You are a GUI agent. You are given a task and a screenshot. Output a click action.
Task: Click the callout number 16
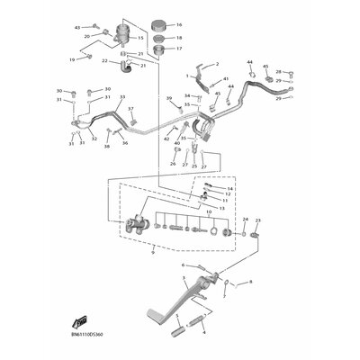pos(178,24)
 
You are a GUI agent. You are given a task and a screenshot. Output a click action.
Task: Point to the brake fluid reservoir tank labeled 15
pos(121,38)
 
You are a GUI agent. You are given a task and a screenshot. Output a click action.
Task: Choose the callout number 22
pos(105,61)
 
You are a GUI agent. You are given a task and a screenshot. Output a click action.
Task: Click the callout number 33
pos(122,97)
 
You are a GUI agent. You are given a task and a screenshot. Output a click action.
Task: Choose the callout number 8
pos(250,282)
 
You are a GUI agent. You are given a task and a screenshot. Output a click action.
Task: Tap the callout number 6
pos(184,265)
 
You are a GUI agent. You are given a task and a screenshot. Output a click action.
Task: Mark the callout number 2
pos(215,65)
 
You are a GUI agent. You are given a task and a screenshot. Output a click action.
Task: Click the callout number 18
pos(178,39)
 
